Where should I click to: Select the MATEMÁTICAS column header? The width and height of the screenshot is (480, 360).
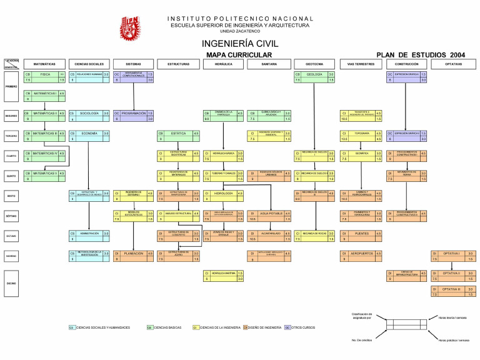pos(44,64)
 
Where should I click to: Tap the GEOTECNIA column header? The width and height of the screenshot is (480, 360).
pos(314,64)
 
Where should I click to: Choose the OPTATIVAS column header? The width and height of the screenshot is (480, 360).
pos(453,64)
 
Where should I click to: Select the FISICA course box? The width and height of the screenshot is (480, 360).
pos(44,77)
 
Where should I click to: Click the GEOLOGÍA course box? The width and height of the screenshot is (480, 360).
pos(314,77)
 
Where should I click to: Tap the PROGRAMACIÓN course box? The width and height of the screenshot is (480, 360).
pos(133,116)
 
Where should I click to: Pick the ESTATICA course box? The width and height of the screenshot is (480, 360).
pos(178,136)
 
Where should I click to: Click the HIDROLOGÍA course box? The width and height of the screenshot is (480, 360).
pos(223,196)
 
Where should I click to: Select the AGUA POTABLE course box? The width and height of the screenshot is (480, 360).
pos(268,216)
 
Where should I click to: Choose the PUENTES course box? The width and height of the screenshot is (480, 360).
pos(361,236)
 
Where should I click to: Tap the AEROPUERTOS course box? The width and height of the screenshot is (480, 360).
pos(361,256)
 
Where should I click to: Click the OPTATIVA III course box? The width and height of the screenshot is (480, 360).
pos(453,292)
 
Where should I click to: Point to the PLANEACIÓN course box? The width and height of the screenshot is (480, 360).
pos(133,256)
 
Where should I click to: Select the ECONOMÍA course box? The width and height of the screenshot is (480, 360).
pos(89,136)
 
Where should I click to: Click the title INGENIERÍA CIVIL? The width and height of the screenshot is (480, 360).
pos(239,44)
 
